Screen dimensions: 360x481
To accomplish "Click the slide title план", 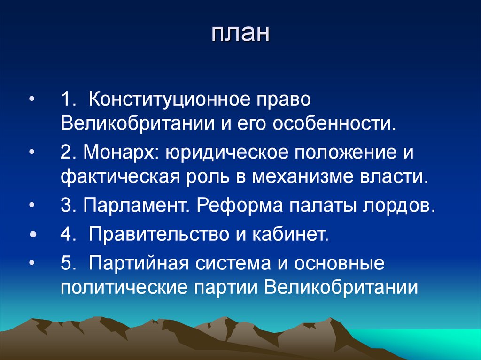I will (x=240, y=35).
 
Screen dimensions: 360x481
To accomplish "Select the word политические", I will (x=124, y=287).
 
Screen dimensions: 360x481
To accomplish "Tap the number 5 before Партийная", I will (x=65, y=263).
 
